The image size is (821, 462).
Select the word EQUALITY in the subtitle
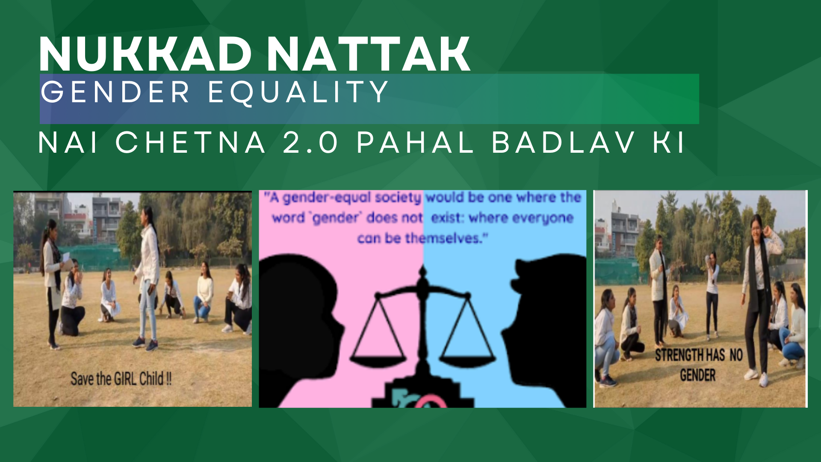coord(298,92)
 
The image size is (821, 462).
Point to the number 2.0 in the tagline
coord(310,142)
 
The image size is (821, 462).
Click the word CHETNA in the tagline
coord(191,142)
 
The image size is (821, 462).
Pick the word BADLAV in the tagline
coord(564,142)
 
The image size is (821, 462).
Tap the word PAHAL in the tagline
coord(415,142)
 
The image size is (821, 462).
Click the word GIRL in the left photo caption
coord(125,379)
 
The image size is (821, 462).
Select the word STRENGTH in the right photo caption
coord(679,355)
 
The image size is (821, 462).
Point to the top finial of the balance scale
coord(423,270)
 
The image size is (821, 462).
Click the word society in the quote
coord(398,198)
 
